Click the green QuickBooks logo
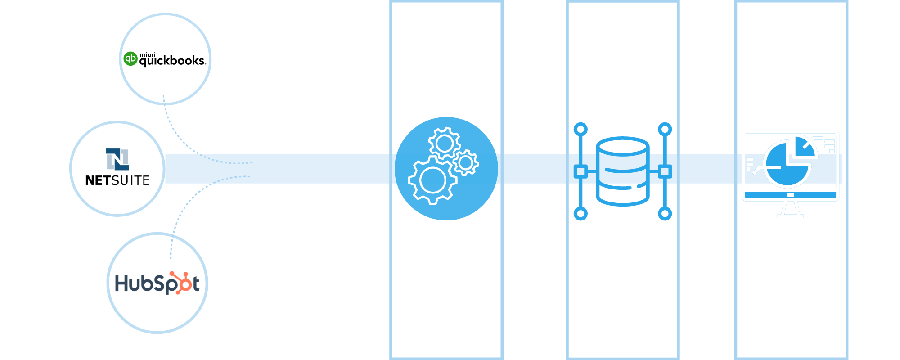(130, 58)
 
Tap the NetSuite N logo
(117, 159)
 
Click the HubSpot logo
(157, 283)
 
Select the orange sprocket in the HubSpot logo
(184, 283)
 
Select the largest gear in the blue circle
(432, 180)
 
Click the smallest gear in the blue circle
(466, 162)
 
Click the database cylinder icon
(622, 171)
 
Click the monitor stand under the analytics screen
(790, 208)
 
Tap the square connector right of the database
(665, 171)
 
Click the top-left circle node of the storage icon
(580, 130)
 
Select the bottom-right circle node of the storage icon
(665, 213)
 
